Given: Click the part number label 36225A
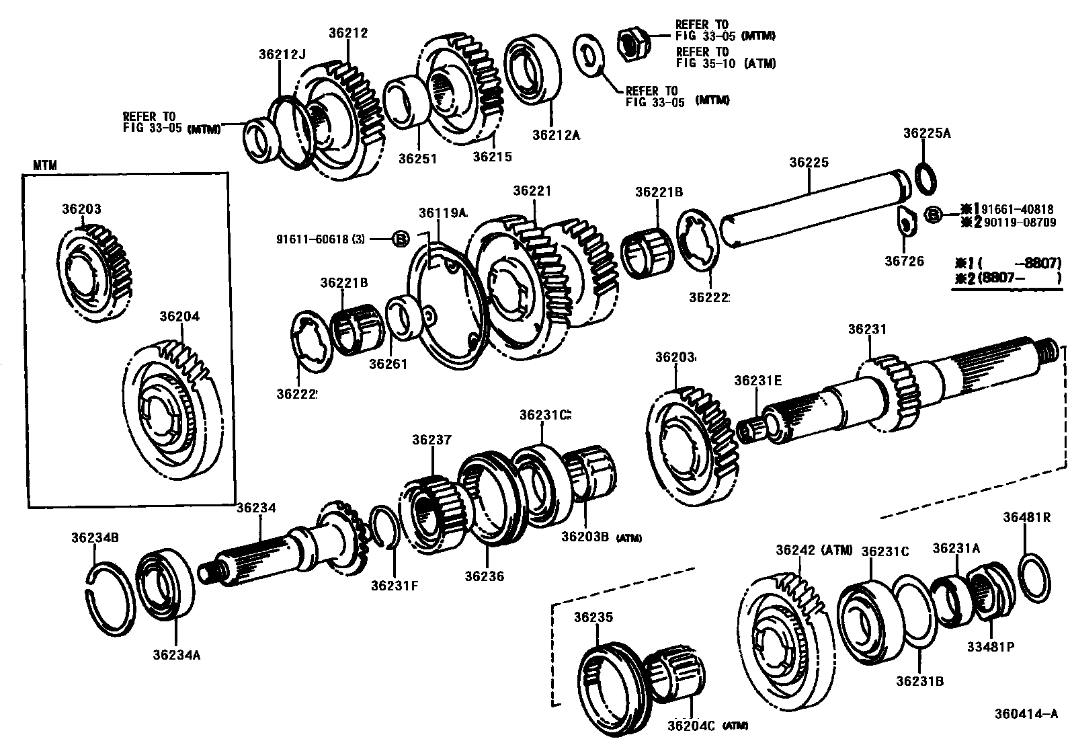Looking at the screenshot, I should coord(927,133).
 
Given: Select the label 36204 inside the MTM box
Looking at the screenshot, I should coord(179,316).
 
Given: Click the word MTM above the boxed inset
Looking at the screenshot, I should coord(45,165).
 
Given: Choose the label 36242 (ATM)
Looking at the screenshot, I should coord(813,550).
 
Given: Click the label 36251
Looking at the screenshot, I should coord(417,159).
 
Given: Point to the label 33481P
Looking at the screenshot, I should coord(990,647).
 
